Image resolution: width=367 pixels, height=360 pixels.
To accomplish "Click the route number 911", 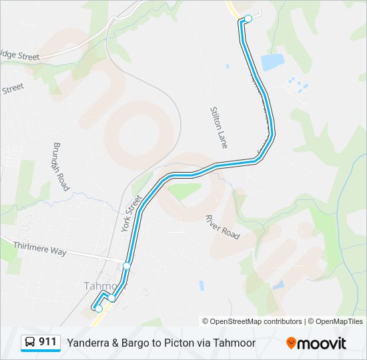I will click(x=47, y=342).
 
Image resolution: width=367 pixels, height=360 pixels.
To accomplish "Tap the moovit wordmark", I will click(x=322, y=343).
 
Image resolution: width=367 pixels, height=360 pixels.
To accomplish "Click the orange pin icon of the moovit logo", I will click(x=291, y=343).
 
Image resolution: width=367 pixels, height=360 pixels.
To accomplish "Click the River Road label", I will click(x=223, y=227).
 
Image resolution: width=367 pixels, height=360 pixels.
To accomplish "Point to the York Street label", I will click(x=132, y=213).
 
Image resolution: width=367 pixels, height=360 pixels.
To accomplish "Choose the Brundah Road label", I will click(x=61, y=166).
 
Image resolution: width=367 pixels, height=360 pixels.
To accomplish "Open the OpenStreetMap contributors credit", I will click(x=252, y=321).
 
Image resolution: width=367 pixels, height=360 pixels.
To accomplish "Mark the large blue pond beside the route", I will click(x=272, y=62).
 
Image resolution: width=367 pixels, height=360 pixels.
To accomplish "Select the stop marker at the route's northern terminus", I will click(x=248, y=19).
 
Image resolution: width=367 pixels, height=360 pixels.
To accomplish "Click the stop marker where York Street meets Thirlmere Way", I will click(x=126, y=266).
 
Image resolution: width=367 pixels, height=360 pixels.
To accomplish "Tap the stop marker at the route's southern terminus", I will click(x=99, y=308).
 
